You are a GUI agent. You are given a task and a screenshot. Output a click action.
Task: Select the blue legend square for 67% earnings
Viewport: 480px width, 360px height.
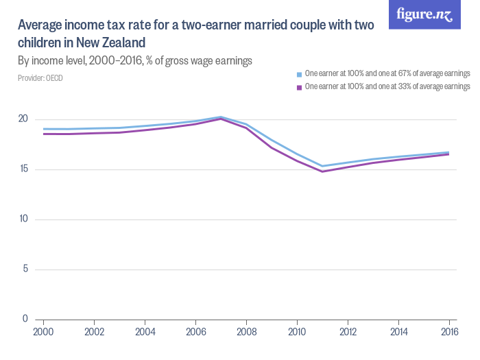(x=299, y=73)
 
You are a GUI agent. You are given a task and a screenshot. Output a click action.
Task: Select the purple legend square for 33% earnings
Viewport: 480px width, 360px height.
(x=299, y=87)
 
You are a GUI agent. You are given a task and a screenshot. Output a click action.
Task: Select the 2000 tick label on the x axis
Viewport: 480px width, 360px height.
(x=44, y=331)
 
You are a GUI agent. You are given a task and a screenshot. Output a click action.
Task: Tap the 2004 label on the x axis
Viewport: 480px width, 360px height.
(x=145, y=331)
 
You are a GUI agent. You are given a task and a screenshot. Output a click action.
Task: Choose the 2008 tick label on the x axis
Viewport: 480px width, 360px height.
(x=246, y=331)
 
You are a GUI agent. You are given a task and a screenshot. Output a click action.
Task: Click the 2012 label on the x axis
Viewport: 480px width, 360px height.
(x=348, y=331)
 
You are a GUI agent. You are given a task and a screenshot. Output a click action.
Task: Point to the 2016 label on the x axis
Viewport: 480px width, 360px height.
(x=448, y=331)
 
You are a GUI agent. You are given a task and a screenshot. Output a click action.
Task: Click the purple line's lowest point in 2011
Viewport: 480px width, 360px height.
(x=322, y=171)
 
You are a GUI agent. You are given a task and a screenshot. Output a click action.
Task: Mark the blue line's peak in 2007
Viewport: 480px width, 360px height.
(x=221, y=117)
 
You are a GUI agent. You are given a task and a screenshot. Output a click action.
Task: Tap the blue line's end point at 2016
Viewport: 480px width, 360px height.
(x=449, y=152)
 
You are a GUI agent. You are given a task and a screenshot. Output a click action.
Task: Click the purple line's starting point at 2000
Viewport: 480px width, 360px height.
(x=44, y=134)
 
